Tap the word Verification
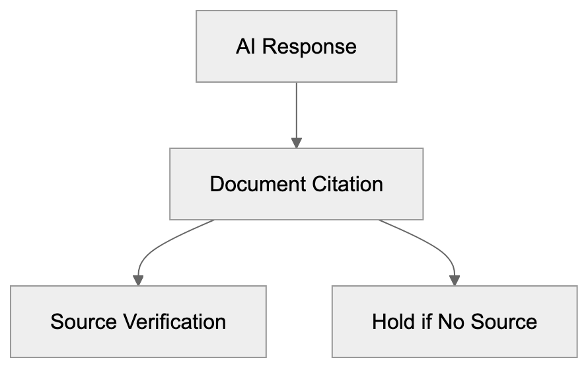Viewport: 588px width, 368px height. pos(175,322)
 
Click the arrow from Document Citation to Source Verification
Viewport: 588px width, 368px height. pos(159,245)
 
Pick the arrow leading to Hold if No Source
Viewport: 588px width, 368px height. pos(433,245)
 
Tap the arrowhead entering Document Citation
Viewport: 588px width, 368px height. pos(297,142)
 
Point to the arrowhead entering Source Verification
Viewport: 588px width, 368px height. pos(138,281)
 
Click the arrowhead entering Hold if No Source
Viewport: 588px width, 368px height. pos(455,281)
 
